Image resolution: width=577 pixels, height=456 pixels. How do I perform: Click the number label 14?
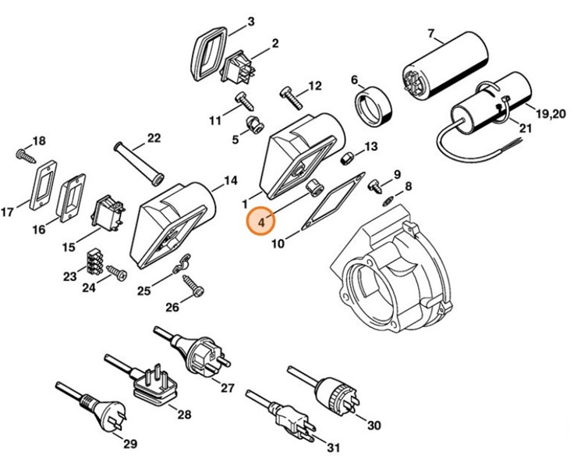(229, 181)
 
